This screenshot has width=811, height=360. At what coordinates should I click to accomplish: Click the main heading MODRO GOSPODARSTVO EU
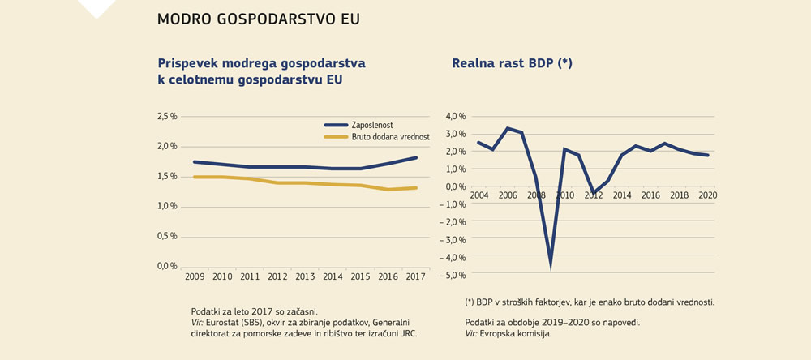(x=259, y=19)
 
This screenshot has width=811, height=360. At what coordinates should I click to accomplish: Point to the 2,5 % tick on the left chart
(x=167, y=117)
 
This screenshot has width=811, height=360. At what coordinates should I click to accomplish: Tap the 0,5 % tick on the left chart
(x=167, y=236)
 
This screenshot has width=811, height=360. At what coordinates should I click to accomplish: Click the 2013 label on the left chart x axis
(x=306, y=277)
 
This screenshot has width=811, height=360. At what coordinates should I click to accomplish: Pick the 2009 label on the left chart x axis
(x=194, y=277)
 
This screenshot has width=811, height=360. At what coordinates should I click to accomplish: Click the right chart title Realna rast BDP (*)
(x=512, y=62)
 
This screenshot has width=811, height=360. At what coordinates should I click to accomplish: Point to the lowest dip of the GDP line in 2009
(x=551, y=264)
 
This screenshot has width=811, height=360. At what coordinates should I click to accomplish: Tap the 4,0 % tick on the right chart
(x=456, y=116)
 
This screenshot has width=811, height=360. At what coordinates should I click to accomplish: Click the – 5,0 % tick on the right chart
(x=453, y=276)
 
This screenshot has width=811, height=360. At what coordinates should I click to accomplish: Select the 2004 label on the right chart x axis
(x=479, y=195)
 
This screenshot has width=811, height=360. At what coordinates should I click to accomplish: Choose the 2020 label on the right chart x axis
(x=707, y=195)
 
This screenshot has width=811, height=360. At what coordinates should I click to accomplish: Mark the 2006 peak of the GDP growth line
(x=507, y=128)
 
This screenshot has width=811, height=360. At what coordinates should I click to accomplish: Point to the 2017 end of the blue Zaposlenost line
(x=417, y=157)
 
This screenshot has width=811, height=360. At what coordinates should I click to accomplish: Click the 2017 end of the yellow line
(x=417, y=188)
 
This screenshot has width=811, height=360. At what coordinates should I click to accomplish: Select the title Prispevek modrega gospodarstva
(x=261, y=62)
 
